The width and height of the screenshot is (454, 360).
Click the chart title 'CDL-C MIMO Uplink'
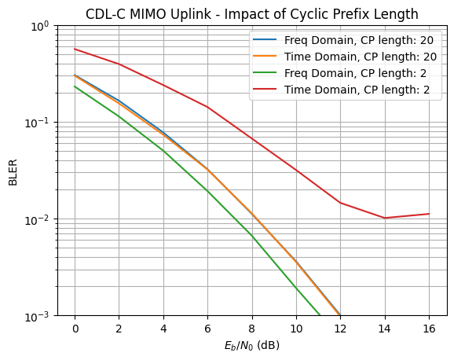(x=251, y=14)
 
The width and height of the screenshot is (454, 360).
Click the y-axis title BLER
(x=13, y=171)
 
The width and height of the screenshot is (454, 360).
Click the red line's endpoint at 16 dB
(x=429, y=214)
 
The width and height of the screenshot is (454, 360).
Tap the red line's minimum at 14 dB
(x=385, y=218)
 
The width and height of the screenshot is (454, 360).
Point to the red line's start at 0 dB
(x=75, y=49)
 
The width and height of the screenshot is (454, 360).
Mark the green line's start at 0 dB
(x=75, y=86)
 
